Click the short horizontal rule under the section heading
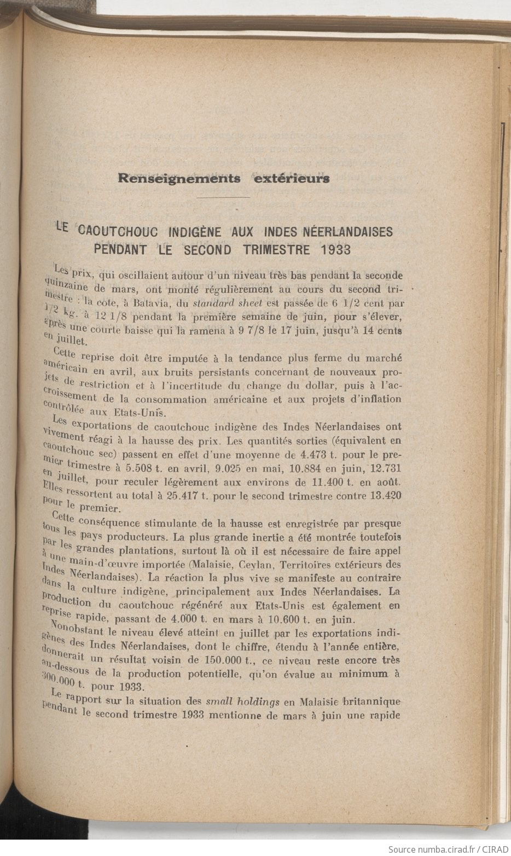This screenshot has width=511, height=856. coord(223,197)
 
